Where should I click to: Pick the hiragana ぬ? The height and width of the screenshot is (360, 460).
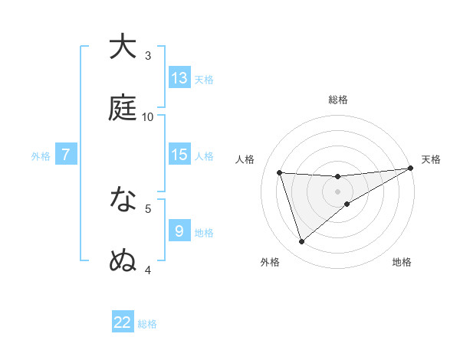click(x=123, y=260)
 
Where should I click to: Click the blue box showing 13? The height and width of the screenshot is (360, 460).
click(x=179, y=78)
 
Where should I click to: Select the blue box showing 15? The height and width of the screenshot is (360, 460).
click(x=179, y=155)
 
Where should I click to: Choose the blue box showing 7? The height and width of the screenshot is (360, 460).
click(x=66, y=155)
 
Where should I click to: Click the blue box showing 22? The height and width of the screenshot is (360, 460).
click(x=123, y=322)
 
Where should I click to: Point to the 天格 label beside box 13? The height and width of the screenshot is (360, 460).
click(x=204, y=79)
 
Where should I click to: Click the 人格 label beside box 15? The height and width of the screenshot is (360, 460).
click(x=204, y=155)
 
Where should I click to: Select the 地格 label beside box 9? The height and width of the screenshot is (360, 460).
click(x=204, y=232)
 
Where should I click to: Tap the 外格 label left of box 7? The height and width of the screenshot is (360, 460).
click(x=41, y=155)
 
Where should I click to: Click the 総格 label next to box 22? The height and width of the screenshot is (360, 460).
click(x=147, y=323)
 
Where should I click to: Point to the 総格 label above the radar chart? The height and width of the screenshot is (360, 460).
click(x=338, y=100)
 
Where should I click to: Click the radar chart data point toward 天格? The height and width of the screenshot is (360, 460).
click(x=410, y=168)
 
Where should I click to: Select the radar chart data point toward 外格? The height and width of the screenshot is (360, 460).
click(x=301, y=242)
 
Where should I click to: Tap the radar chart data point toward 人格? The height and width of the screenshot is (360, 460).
click(x=280, y=172)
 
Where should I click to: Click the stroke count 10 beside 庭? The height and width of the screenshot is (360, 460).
click(x=148, y=116)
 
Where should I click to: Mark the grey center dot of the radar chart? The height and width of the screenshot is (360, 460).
click(x=338, y=191)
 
